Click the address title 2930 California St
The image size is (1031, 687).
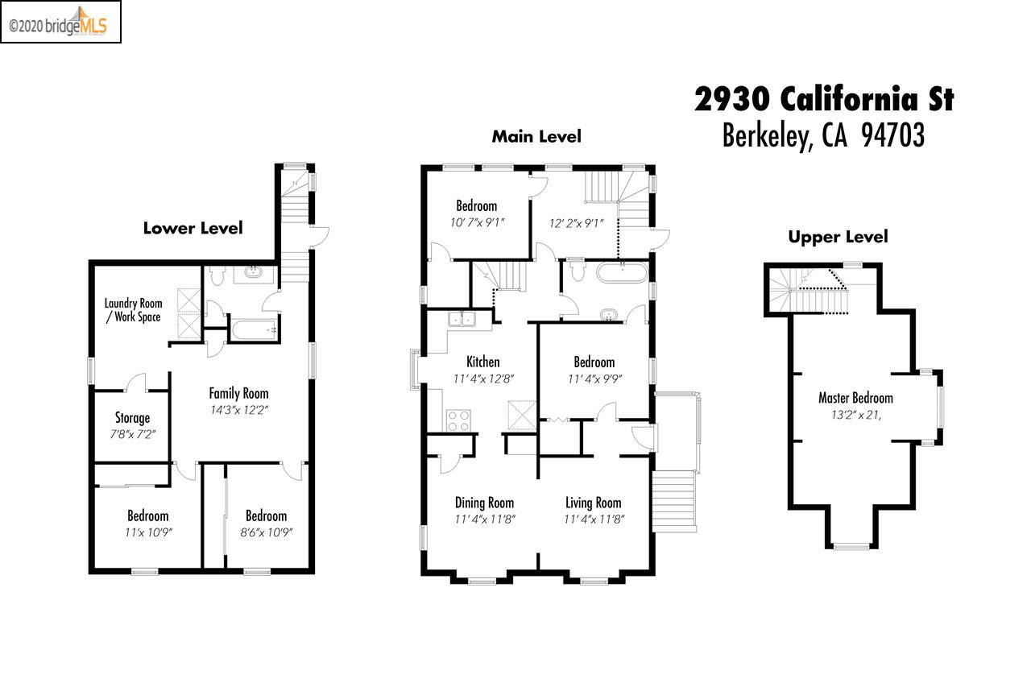pyautogui.click(x=824, y=100)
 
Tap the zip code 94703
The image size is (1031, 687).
pyautogui.click(x=892, y=136)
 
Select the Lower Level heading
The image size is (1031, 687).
pyautogui.click(x=193, y=228)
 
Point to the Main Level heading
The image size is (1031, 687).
pyautogui.click(x=536, y=137)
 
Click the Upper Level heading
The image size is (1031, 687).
pyautogui.click(x=838, y=237)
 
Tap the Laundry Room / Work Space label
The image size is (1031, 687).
pyautogui.click(x=133, y=310)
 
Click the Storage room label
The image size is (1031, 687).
pyautogui.click(x=132, y=418)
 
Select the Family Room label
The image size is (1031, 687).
pyautogui.click(x=238, y=394)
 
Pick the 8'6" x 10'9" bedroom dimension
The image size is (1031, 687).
pyautogui.click(x=266, y=532)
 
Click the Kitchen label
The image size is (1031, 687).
pyautogui.click(x=482, y=362)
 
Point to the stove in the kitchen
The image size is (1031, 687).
pyautogui.click(x=458, y=420)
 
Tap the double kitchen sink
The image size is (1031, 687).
pyautogui.click(x=463, y=319)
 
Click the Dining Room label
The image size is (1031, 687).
pyautogui.click(x=484, y=503)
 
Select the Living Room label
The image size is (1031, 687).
pyautogui.click(x=594, y=503)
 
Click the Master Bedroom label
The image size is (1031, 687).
pyautogui.click(x=855, y=398)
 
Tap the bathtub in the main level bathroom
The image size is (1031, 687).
pyautogui.click(x=621, y=272)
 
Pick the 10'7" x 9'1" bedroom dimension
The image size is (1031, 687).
pyautogui.click(x=476, y=223)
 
